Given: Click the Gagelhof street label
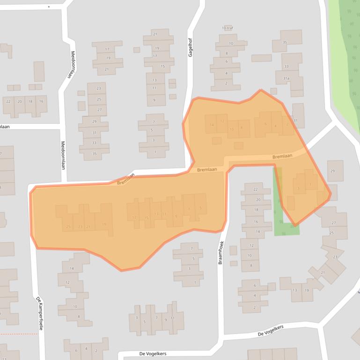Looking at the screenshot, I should [x=191, y=48].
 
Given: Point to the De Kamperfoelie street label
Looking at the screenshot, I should [x=39, y=313].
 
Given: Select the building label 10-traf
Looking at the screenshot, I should [x=228, y=28].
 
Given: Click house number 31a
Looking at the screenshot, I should [x=286, y=79].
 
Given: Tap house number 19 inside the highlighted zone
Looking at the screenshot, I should [x=104, y=225].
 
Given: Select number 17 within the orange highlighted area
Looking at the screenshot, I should [x=134, y=217].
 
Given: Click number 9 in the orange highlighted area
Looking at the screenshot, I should [x=176, y=216].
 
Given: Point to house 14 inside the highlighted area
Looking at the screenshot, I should [x=212, y=125].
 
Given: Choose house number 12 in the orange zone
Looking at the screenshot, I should [x=222, y=121].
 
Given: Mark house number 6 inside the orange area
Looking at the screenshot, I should [x=265, y=124].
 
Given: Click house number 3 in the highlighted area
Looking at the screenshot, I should [x=298, y=189].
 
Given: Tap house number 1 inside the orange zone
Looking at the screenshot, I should [x=310, y=184].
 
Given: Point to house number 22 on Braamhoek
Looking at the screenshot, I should [x=256, y=189].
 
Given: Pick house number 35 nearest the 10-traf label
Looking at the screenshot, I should [x=285, y=43].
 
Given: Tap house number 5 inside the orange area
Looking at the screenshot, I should [x=200, y=208].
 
